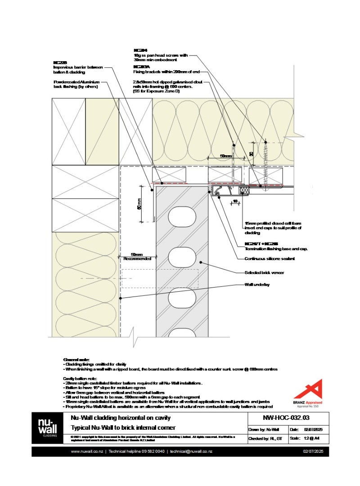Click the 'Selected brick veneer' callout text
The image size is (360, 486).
pyautogui.click(x=264, y=272)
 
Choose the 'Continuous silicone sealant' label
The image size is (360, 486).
pyautogui.click(x=269, y=258)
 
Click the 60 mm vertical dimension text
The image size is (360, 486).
pyautogui.click(x=139, y=205)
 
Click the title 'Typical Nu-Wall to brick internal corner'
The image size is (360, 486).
pyautogui.click(x=123, y=427)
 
